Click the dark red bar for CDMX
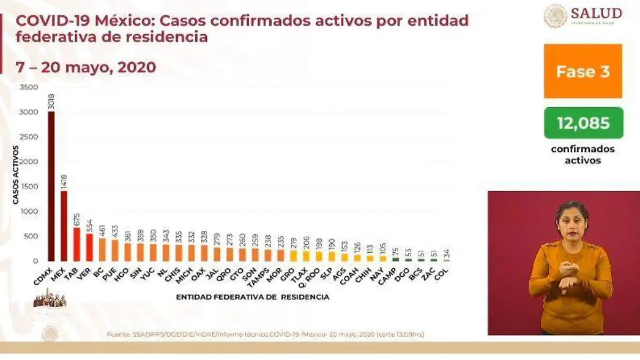pyautogui.click(x=51, y=187)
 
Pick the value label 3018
pyautogui.click(x=52, y=102)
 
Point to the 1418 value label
pyautogui.click(x=65, y=181)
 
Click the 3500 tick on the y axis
pyautogui.click(x=29, y=87)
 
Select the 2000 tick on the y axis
pyautogui.click(x=29, y=162)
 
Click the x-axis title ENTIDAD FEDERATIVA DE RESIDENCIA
pyautogui.click(x=252, y=297)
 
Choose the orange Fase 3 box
pyautogui.click(x=583, y=71)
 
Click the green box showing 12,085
pyautogui.click(x=583, y=123)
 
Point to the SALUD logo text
pyautogui.click(x=596, y=13)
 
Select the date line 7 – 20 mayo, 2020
pyautogui.click(x=86, y=67)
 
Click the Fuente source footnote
pyautogui.click(x=265, y=334)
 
